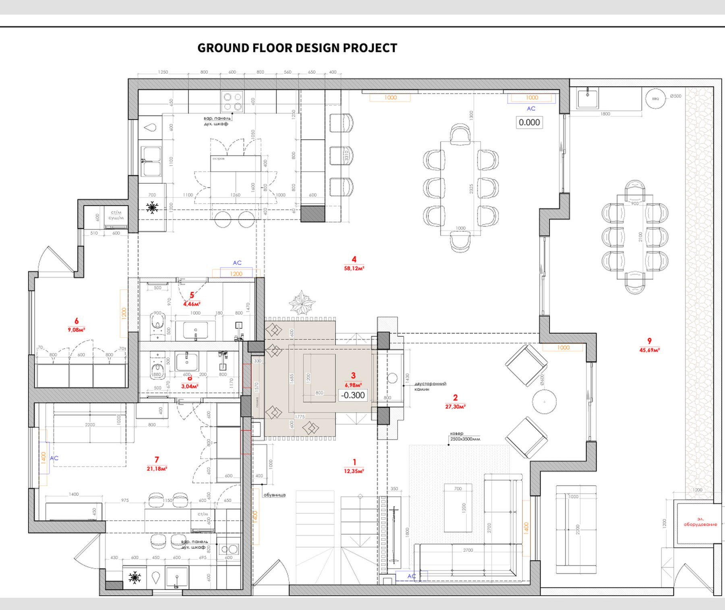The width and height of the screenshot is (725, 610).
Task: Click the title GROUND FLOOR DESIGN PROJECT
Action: tap(297, 48)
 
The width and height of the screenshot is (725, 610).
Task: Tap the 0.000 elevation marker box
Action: tap(529, 122)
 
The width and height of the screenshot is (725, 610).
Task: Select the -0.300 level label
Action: tap(353, 395)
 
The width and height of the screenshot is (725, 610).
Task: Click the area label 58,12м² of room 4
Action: tap(354, 268)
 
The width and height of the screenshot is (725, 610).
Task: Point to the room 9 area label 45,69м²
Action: tap(649, 350)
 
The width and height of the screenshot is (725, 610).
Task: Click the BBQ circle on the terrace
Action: tap(655, 99)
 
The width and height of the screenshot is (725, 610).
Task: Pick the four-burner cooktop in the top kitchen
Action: tap(232, 102)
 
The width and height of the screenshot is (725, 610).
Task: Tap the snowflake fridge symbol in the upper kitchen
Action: tap(152, 208)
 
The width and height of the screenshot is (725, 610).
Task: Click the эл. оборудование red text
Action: tap(700, 522)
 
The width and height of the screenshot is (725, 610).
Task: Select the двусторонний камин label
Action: tap(430, 386)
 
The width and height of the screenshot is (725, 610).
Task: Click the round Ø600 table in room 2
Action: tap(544, 402)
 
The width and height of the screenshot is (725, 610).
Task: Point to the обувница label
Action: tap(274, 495)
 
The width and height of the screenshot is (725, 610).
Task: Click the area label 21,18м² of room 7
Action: tap(157, 469)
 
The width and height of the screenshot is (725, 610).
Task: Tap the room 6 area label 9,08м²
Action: tap(76, 330)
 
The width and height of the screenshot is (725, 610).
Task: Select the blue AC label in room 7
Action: tap(54, 458)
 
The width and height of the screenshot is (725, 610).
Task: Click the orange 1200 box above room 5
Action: tap(236, 274)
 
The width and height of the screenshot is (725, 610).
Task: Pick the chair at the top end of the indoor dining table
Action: tap(460, 134)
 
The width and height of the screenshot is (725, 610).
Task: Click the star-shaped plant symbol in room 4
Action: tap(301, 303)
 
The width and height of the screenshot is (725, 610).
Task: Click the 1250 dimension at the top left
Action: tap(163, 72)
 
